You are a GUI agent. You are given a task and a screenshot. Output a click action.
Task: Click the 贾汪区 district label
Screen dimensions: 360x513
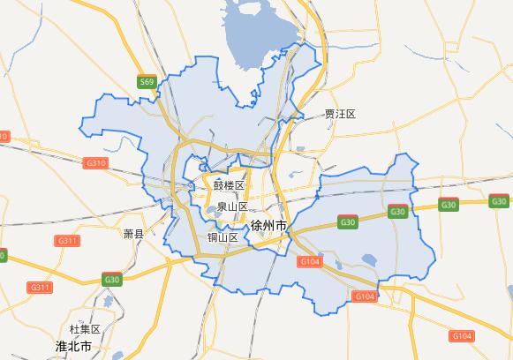coord(339,114)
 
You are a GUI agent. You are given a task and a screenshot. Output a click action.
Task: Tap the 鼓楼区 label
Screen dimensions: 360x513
coord(228,186)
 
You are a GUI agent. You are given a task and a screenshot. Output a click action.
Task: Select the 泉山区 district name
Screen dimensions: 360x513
coord(232,206)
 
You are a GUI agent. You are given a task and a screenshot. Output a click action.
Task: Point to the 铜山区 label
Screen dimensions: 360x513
coord(223,237)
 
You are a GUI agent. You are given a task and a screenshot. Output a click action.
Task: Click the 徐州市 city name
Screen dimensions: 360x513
coord(268,227)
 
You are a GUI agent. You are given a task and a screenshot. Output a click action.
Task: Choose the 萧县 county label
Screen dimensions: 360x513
coord(133,235)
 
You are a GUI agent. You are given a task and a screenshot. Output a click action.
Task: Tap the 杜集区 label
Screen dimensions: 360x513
coord(86,329)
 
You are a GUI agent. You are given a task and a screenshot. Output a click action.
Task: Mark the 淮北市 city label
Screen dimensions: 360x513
coord(73,346)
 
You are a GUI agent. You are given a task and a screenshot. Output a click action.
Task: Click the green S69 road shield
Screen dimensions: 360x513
coord(147,82)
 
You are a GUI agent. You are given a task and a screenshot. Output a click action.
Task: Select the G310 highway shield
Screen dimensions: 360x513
coord(95,163)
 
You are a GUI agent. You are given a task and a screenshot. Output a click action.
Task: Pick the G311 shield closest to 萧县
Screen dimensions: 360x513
coord(66,241)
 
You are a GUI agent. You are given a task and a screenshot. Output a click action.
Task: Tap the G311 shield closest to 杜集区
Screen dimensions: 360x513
coord(40,288)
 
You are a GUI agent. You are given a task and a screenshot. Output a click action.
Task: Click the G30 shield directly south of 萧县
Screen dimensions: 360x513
coord(112,280)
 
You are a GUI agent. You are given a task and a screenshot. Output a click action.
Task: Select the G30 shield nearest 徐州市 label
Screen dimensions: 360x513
coord(346,222)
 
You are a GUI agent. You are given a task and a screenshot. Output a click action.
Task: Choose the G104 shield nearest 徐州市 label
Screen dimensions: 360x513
coord(310,262)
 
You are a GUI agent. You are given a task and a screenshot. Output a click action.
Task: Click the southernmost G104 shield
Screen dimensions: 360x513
coord(461,336)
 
